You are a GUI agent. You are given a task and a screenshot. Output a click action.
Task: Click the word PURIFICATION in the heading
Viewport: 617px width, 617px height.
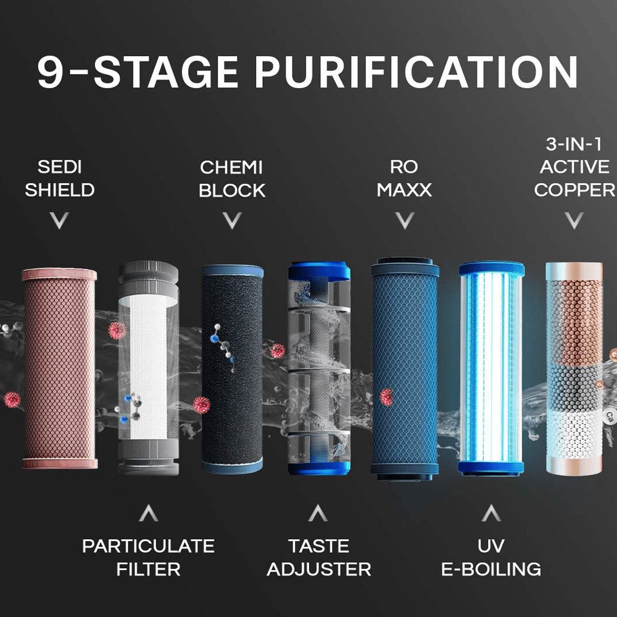click(x=416, y=73)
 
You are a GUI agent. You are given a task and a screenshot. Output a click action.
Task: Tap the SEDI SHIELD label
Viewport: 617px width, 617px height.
click(x=59, y=178)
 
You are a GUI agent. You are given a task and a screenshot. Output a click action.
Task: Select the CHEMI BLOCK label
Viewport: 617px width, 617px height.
click(x=231, y=178)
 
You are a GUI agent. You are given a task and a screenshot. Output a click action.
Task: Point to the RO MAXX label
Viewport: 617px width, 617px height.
click(x=404, y=178)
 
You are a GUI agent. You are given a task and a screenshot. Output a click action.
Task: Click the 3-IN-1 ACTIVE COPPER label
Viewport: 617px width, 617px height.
click(x=575, y=167)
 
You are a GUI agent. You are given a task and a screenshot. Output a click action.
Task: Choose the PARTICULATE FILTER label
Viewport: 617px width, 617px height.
click(x=148, y=557)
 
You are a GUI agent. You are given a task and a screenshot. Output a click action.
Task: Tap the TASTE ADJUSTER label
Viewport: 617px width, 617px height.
click(x=318, y=557)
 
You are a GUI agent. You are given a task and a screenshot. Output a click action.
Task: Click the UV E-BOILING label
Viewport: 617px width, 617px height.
click(x=491, y=557)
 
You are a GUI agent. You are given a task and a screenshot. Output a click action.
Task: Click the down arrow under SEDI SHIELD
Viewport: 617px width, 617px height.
click(x=59, y=220)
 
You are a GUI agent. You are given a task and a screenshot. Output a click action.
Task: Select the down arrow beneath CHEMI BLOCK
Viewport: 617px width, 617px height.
click(x=231, y=220)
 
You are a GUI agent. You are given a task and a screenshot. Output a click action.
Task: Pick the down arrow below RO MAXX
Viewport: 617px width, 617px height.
click(x=404, y=220)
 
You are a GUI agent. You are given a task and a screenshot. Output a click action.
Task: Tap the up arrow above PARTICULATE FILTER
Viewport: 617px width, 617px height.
click(x=148, y=513)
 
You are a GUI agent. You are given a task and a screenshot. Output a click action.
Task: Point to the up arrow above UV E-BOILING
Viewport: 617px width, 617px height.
click(x=491, y=513)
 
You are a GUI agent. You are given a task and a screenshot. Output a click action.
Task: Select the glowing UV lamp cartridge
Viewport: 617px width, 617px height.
click(x=491, y=368)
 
